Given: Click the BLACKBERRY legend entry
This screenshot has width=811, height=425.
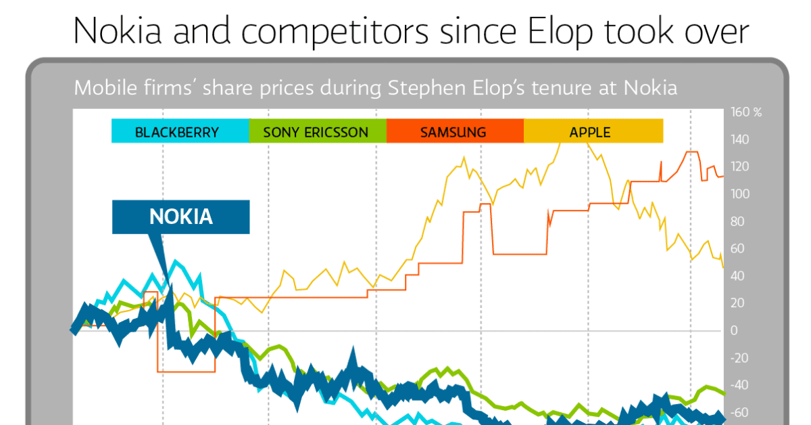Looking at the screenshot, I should (177, 132).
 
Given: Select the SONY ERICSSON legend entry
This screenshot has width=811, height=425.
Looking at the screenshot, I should (316, 132).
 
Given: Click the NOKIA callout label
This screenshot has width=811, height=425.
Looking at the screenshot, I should (180, 217).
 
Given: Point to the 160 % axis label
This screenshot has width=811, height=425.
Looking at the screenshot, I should (747, 112).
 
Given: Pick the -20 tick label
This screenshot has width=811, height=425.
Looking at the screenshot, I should (739, 358).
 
